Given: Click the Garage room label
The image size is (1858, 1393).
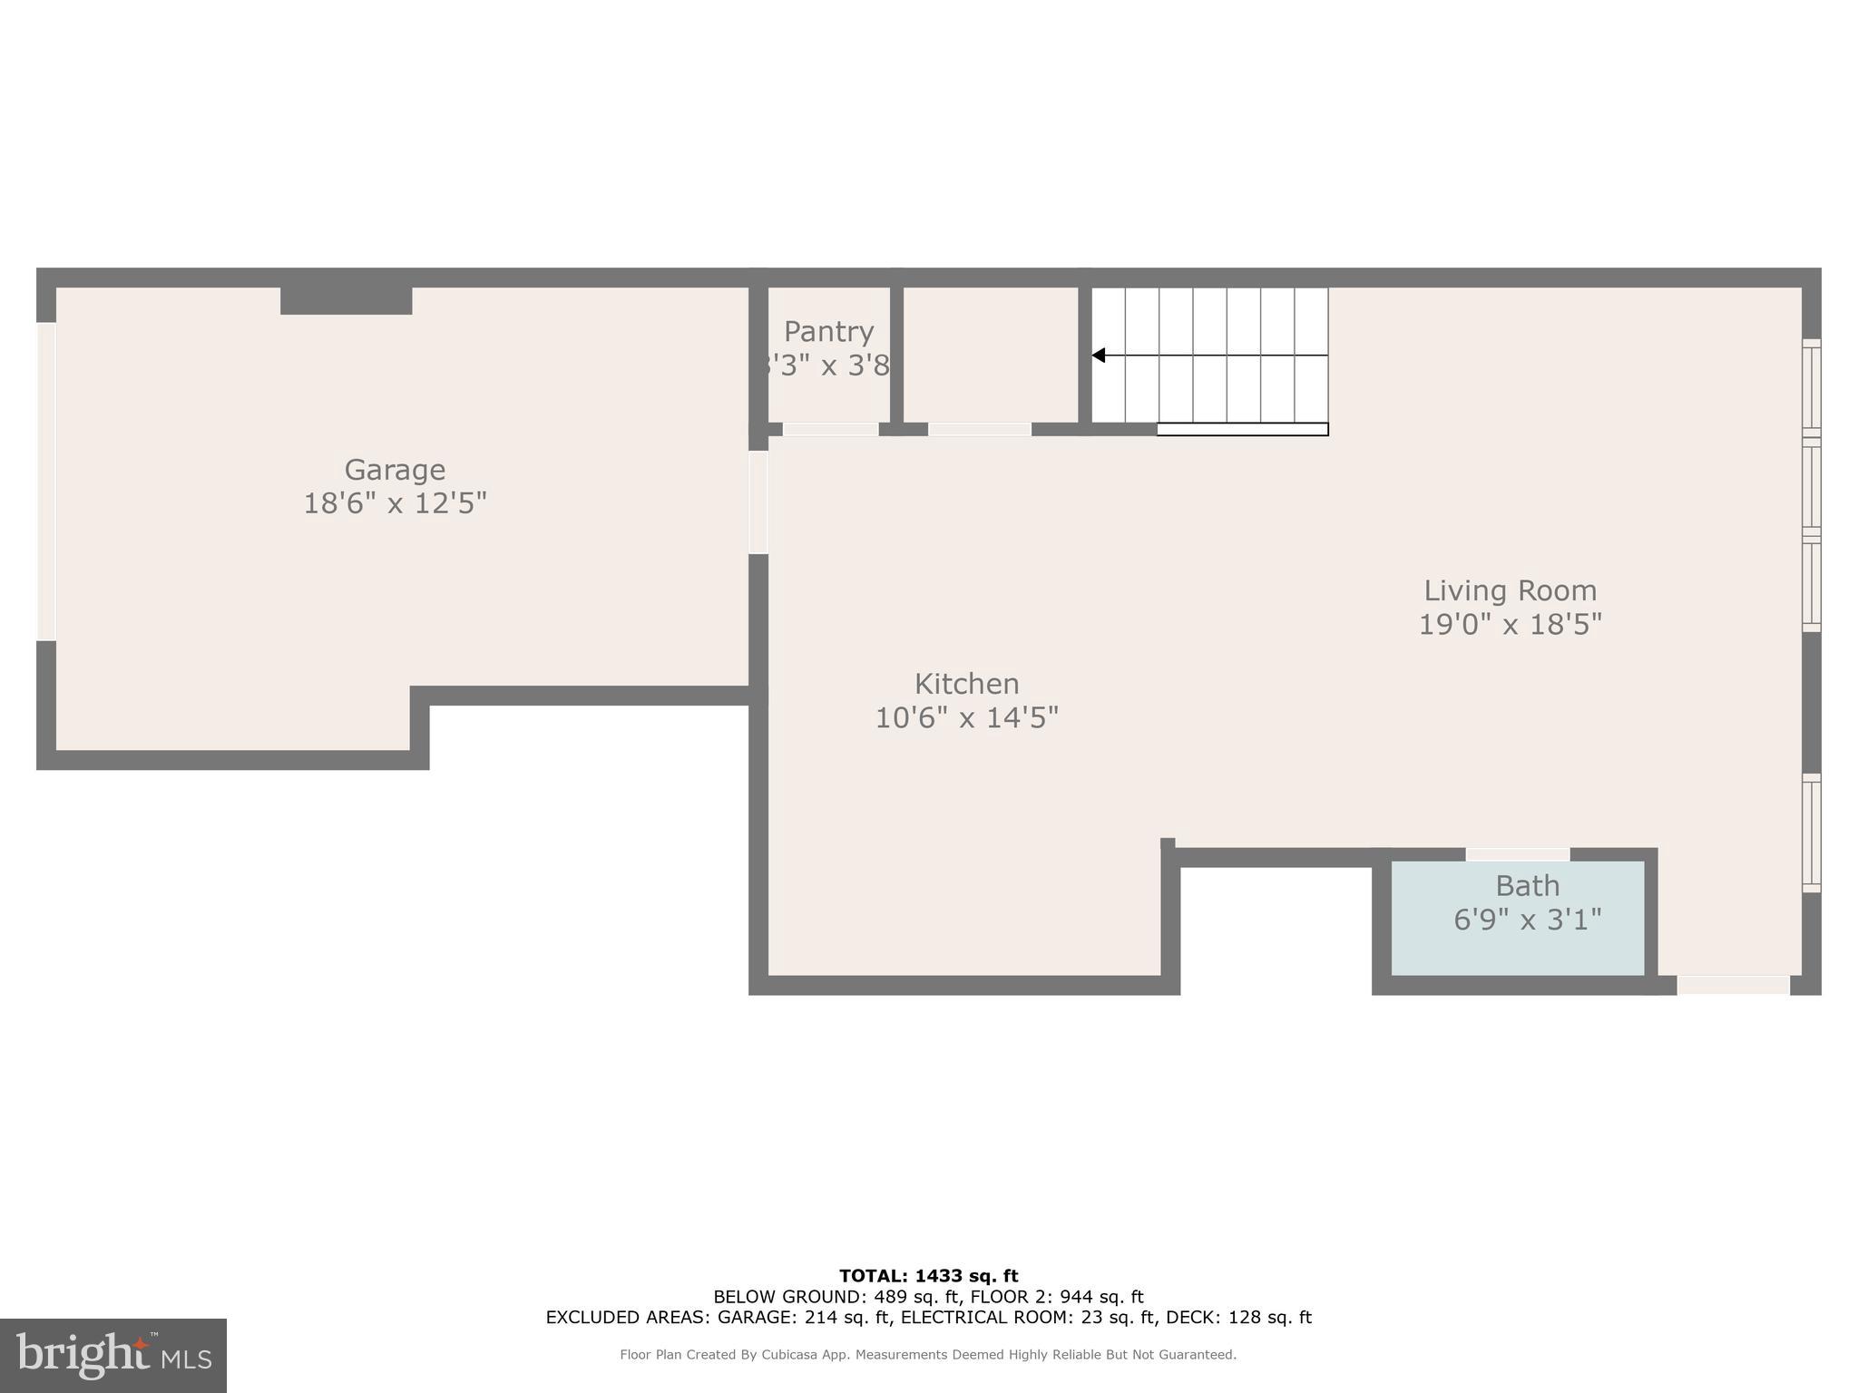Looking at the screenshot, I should click(x=395, y=470).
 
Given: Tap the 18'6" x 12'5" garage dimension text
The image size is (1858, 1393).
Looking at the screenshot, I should click(x=395, y=503).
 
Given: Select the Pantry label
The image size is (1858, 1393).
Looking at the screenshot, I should click(x=828, y=332).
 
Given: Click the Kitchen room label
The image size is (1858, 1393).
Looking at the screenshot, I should click(x=966, y=684).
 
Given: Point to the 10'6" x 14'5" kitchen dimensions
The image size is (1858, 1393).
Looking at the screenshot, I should click(x=966, y=718).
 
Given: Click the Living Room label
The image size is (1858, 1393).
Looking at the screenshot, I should click(x=1510, y=590).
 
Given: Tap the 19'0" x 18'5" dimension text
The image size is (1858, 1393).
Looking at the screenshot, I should click(x=1510, y=625).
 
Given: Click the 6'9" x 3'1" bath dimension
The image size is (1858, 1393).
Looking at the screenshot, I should click(x=1527, y=921).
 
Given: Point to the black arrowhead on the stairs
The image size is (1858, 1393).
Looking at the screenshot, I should click(x=1099, y=356).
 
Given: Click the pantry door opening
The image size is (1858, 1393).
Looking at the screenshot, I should click(x=830, y=430).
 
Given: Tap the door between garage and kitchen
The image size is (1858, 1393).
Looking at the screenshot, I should click(x=758, y=503).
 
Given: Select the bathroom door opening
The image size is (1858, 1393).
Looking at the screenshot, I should click(x=1518, y=854).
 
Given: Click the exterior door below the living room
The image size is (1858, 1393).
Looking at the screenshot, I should click(x=1733, y=985).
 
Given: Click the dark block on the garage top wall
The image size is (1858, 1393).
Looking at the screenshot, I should click(x=346, y=301).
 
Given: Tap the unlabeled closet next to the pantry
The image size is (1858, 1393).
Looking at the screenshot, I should click(x=990, y=354).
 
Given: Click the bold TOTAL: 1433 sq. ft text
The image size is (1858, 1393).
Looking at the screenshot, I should click(x=928, y=1276).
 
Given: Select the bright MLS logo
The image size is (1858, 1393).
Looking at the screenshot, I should click(x=113, y=1356).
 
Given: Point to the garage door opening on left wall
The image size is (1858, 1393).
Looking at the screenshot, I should click(x=46, y=482).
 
